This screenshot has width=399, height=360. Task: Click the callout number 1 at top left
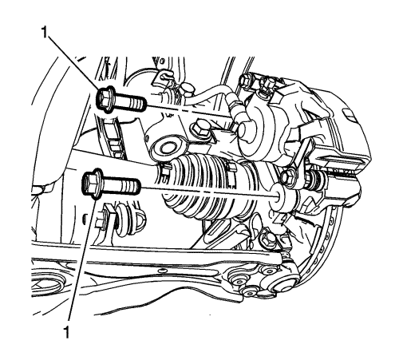tap(45, 32)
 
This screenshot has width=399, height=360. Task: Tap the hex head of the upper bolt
tap(105, 100)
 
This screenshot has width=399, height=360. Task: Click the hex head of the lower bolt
tap(92, 184)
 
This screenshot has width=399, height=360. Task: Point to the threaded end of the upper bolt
tap(137, 104)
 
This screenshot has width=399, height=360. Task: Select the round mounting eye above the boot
tap(168, 147)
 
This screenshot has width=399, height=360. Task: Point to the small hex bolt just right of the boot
tap(287, 176)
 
